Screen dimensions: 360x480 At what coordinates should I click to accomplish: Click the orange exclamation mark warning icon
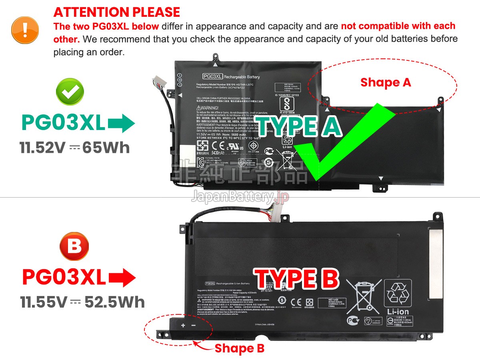25,30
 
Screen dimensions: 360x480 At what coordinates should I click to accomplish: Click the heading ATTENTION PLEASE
117,12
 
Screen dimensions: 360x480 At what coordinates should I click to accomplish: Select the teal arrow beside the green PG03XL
122,123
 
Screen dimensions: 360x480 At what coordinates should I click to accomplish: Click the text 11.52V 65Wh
75,148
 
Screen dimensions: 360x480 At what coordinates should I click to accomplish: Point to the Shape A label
385,82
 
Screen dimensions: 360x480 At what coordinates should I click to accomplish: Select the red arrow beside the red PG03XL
122,277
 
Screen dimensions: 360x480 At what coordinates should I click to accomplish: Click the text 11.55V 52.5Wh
83,302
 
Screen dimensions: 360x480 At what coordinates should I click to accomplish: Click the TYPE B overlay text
296,278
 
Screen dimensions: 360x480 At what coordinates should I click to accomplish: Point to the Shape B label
239,348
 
